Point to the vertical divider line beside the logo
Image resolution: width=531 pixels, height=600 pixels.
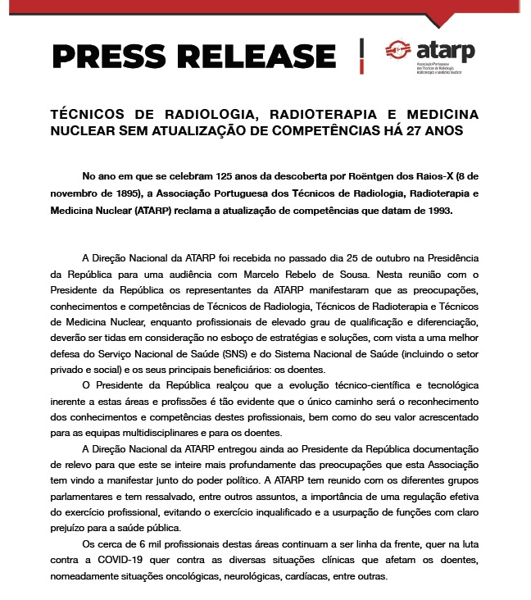pyautogui.click(x=361, y=54)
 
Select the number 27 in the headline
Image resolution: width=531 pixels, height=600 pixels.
pyautogui.click(x=417, y=130)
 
